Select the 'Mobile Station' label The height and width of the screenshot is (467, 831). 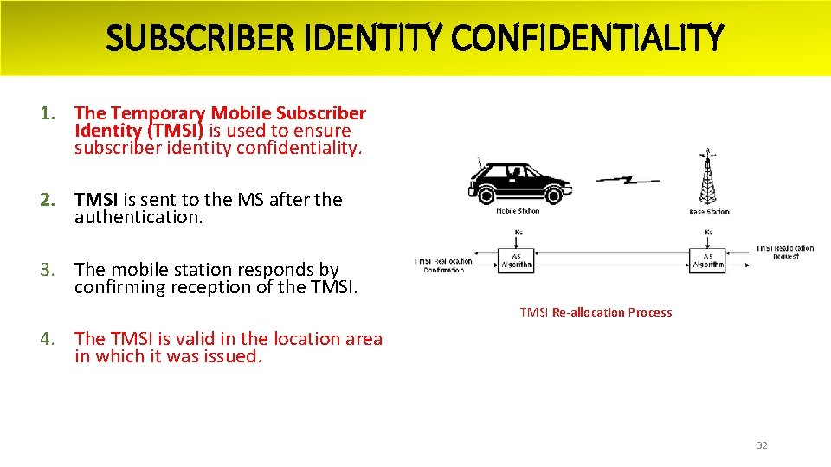tap(518, 211)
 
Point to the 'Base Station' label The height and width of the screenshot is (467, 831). tap(709, 212)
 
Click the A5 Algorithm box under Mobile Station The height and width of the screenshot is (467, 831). tap(517, 260)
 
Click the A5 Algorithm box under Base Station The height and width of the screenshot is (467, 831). tap(708, 260)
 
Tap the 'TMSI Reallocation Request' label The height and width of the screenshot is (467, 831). tap(784, 253)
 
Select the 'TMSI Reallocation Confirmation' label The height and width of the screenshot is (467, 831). tap(444, 265)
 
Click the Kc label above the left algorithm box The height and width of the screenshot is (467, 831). tap(518, 232)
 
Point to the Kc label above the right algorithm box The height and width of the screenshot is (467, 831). tap(708, 232)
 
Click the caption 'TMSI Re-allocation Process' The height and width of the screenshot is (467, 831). tap(596, 312)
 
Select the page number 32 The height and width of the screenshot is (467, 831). tap(762, 445)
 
